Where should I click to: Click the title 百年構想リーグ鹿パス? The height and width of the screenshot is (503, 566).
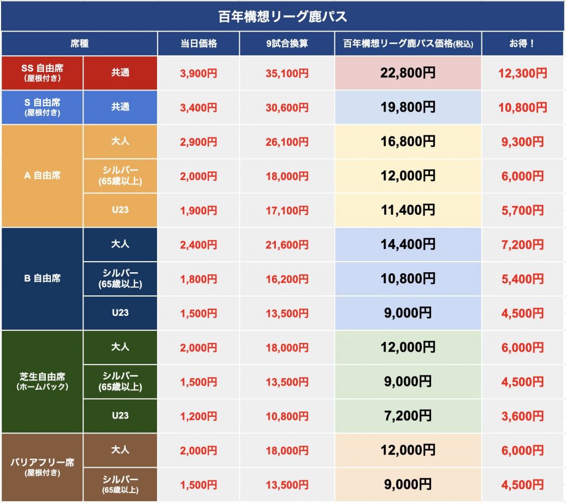(x=282, y=16)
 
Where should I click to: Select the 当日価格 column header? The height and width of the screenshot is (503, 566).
(x=198, y=44)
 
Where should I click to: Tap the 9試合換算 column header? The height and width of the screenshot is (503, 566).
(x=287, y=44)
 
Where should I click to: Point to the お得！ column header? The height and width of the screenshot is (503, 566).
(x=522, y=44)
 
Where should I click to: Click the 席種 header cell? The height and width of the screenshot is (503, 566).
(x=80, y=44)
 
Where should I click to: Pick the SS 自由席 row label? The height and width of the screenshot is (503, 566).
(x=42, y=72)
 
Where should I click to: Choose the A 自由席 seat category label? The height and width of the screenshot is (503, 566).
(x=42, y=176)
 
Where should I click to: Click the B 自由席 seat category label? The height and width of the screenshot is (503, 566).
(x=42, y=278)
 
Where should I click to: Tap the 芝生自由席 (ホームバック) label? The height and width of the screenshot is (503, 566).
(x=42, y=381)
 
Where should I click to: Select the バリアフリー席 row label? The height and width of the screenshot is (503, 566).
(x=42, y=467)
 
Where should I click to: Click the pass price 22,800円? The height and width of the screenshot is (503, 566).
(x=408, y=72)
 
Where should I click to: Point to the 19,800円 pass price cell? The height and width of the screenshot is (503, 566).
(x=408, y=107)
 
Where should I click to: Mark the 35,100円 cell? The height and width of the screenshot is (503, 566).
(x=287, y=73)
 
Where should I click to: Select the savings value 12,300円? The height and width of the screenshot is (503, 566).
(x=522, y=73)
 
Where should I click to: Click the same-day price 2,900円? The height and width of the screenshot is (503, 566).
(x=198, y=142)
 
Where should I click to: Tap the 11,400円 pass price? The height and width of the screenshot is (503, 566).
(x=408, y=210)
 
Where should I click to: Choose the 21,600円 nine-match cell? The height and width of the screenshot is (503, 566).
(x=287, y=245)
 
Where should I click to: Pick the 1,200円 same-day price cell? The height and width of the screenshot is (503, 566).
(x=198, y=416)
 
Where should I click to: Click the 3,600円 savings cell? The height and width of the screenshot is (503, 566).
(x=522, y=416)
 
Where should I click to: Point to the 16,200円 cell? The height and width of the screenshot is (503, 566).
(x=287, y=279)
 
